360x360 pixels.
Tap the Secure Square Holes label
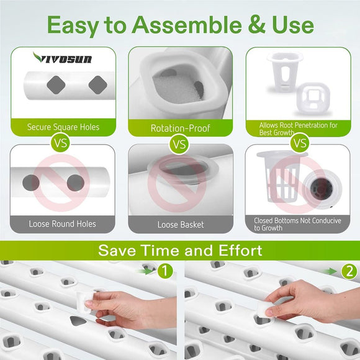(x=63, y=127)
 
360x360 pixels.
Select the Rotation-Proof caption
(x=180, y=128)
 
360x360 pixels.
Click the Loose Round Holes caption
(x=62, y=223)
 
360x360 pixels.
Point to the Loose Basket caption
(x=180, y=223)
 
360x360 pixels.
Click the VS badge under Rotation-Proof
(x=179, y=145)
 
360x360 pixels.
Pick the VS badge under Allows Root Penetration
(x=300, y=144)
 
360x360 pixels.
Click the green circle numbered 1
(x=165, y=271)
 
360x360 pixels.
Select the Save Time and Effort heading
(x=180, y=251)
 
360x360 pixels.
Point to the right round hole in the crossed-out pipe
(x=76, y=182)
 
